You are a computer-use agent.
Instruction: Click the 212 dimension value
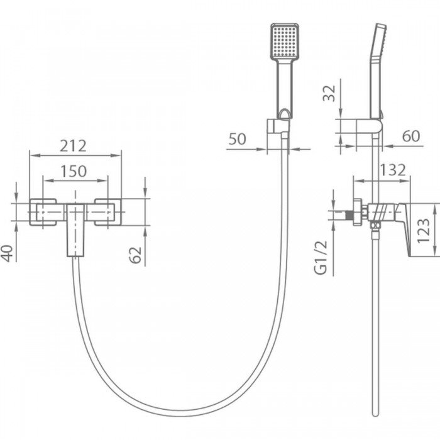coord(73,146)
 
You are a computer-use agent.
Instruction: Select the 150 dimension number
coord(74,171)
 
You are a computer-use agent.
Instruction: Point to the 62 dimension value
coord(136,255)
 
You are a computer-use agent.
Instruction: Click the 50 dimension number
coord(238,139)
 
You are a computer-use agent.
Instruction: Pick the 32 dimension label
coord(329,93)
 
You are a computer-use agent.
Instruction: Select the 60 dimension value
coord(411,136)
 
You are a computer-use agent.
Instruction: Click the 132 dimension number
coord(393,170)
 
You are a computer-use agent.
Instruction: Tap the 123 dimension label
coord(424,231)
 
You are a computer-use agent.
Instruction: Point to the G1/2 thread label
coord(321,257)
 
